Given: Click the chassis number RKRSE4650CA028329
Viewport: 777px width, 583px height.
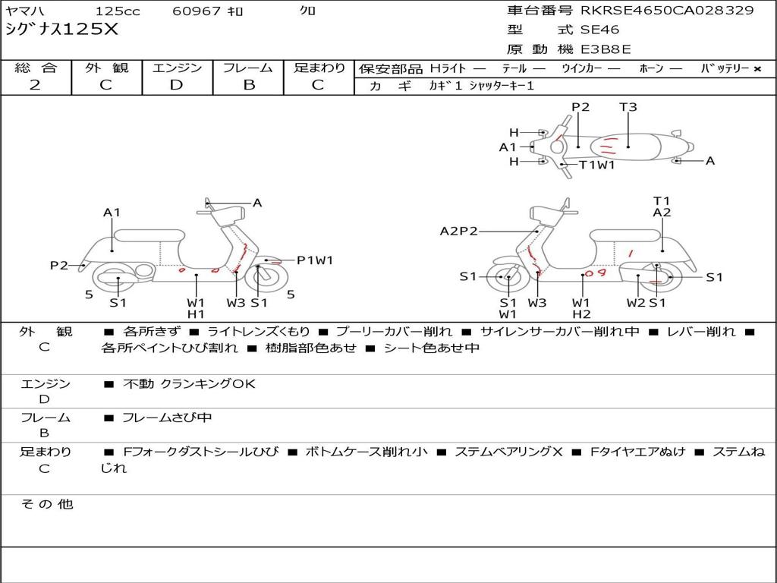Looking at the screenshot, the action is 667,11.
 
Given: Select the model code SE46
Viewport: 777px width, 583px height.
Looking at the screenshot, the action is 599,30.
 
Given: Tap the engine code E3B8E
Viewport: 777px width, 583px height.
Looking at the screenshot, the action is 606,49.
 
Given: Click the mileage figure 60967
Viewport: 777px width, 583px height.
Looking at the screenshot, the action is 196,11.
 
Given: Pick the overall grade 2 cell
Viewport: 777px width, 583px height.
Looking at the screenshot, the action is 35,85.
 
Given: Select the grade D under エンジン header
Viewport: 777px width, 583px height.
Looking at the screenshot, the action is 176,85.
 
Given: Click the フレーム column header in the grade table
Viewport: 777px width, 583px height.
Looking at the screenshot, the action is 248,68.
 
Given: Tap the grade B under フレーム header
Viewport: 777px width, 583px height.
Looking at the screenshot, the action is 248,85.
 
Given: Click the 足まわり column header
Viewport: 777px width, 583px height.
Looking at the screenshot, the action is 319,68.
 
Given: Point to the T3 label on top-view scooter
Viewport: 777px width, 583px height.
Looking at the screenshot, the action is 628,107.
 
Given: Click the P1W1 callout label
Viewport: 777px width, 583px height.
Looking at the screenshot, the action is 315,260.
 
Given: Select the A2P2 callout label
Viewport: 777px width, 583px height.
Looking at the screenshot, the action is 459,231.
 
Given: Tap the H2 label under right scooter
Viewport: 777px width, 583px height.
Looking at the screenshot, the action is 582,314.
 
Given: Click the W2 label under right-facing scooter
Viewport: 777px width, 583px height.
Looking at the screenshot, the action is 636,303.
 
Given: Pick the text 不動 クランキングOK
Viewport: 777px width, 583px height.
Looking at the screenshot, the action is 189,383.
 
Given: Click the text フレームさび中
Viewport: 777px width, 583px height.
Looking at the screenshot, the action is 167,418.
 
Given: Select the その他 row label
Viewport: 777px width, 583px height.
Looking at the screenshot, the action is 46,504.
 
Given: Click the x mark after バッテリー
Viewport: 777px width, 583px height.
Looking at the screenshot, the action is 757,68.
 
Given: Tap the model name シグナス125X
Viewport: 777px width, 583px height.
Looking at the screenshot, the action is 61,30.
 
